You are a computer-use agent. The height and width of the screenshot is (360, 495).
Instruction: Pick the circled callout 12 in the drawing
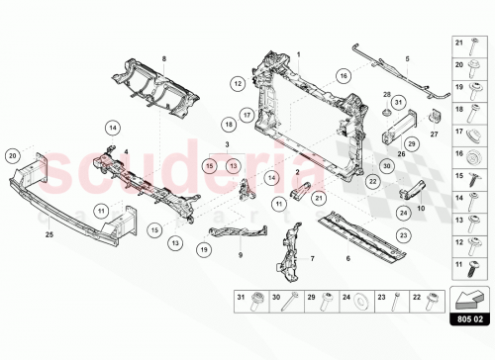click(238, 85)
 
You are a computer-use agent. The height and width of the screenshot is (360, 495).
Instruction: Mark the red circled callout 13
click(234, 166)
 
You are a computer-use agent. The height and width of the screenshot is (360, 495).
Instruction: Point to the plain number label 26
click(401, 153)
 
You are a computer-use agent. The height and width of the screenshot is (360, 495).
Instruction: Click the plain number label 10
click(420, 209)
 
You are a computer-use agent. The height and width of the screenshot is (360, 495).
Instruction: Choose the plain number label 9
click(240, 255)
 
